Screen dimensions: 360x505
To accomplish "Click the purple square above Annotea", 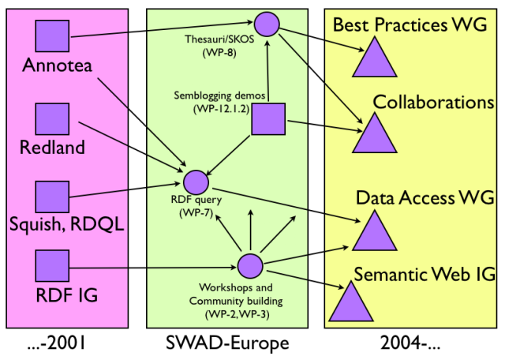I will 52,35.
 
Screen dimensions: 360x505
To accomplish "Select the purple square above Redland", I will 52,119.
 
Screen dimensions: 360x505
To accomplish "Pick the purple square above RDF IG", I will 52,267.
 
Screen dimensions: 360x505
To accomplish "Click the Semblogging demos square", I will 267,120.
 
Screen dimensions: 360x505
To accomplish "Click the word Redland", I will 53,148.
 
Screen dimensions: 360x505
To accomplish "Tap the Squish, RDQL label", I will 69,225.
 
